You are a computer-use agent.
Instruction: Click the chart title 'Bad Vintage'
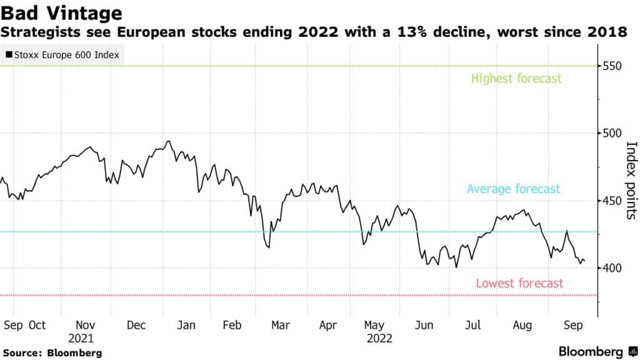(x=61, y=12)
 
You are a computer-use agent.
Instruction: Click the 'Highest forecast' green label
(x=516, y=79)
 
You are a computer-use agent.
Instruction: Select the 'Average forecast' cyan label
(x=514, y=189)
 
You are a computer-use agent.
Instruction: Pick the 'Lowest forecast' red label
(x=519, y=283)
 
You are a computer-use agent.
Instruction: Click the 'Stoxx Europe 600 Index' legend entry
(x=62, y=54)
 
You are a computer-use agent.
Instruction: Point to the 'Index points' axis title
(x=631, y=181)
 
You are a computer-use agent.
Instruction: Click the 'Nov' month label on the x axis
(x=85, y=325)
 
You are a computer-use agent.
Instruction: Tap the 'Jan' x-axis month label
(x=186, y=325)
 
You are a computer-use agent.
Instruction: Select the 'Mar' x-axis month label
(x=280, y=325)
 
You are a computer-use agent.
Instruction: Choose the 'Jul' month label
(x=474, y=325)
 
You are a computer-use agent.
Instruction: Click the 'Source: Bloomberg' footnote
(x=52, y=353)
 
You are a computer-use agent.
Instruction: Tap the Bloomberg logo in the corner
(x=591, y=351)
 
